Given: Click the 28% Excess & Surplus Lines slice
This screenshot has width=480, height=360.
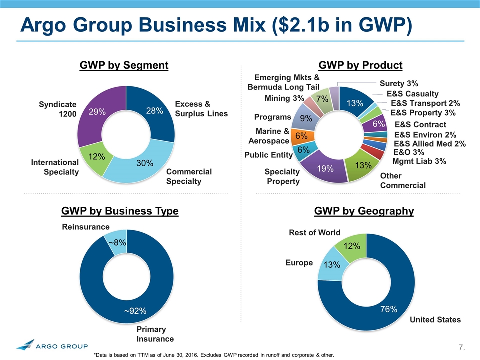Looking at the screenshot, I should coord(155,111).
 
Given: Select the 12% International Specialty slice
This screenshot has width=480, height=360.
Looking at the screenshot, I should coord(96,157).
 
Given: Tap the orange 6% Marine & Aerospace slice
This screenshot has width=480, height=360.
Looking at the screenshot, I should coord(302,135).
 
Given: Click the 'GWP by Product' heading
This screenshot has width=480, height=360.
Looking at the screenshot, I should coord(360,65).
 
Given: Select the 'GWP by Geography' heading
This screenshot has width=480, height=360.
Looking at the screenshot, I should coord(364,211).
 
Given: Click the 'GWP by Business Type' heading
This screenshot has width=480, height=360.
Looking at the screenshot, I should coord(120,211).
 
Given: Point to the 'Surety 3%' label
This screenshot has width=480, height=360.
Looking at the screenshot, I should coord(399,83).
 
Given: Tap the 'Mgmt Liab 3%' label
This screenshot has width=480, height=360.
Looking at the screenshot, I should coord(419,161).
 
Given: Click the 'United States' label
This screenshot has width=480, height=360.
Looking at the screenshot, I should coord(435,319).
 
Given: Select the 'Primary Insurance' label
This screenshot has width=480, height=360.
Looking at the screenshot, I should coord(155,334).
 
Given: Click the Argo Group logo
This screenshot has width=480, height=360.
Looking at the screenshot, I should coord(52,345).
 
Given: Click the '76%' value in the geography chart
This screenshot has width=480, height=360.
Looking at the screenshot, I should coord(388,309).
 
